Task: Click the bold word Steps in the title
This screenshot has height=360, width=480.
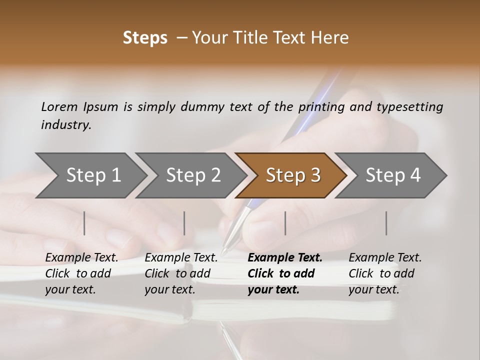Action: [x=145, y=38]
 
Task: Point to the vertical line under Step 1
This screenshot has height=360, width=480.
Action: [x=84, y=223]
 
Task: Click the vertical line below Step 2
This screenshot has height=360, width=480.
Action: [x=184, y=223]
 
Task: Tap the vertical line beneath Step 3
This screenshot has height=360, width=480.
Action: [x=285, y=223]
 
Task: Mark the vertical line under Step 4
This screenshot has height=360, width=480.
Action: [x=386, y=223]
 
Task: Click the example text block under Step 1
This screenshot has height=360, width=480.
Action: [x=81, y=273]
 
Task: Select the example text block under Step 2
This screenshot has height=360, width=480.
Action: [x=181, y=273]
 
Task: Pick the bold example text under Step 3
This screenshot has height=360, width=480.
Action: [x=284, y=273]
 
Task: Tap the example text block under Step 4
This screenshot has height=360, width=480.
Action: [x=385, y=273]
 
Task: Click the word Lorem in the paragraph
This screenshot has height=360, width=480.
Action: [x=59, y=107]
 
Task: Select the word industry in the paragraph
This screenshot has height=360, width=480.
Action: [x=66, y=125]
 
